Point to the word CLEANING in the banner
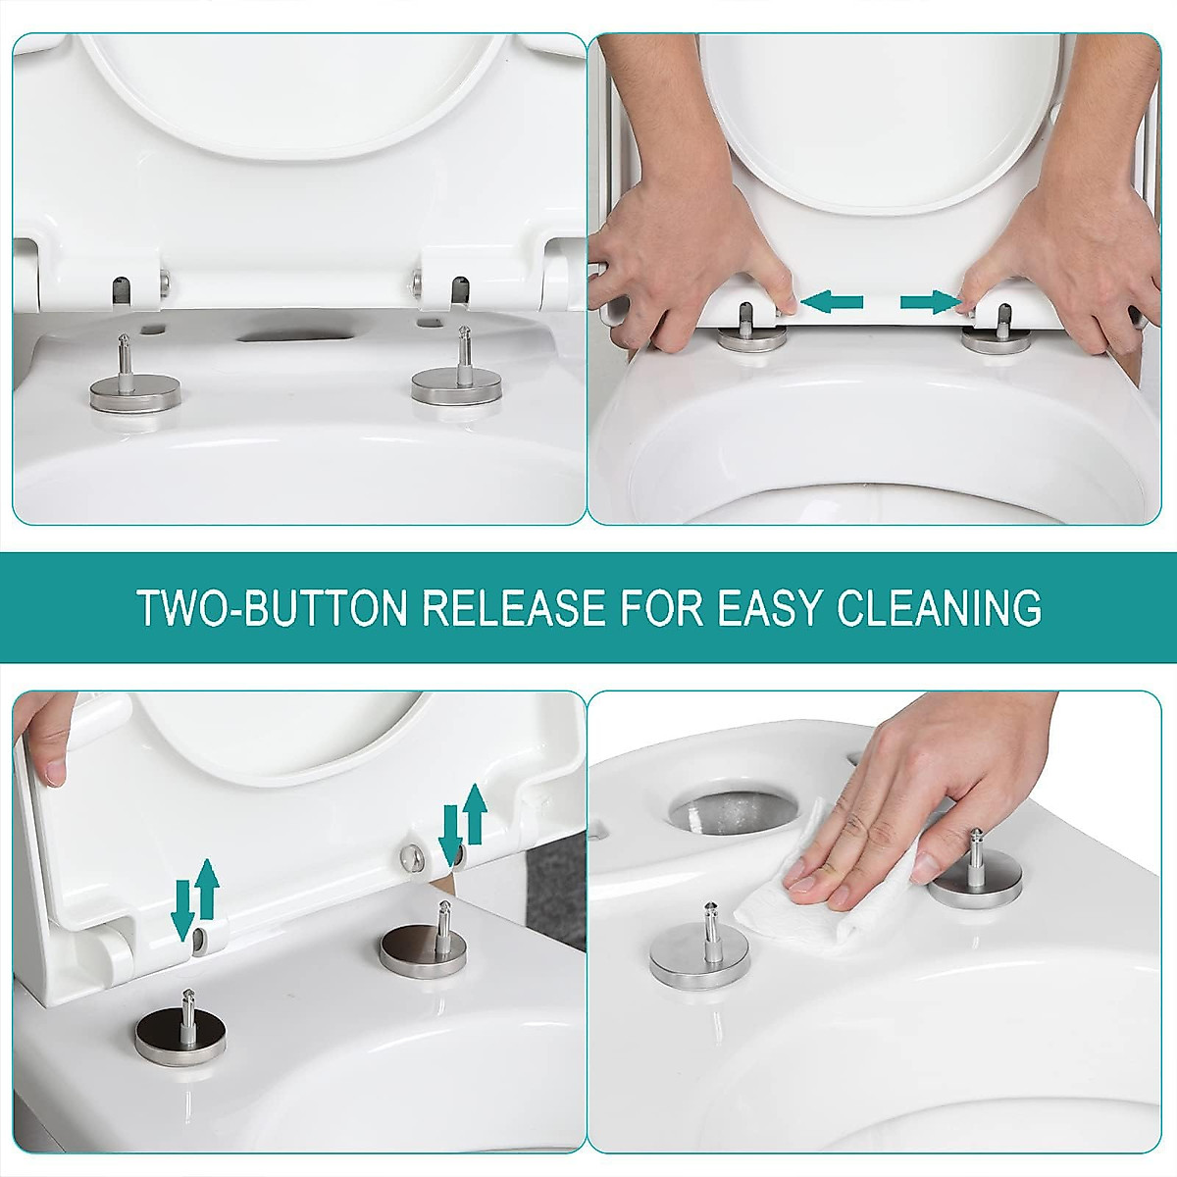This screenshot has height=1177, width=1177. [939, 608]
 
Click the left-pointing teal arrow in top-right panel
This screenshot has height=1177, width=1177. [831, 301]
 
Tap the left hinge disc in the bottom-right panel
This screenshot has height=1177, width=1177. [699, 950]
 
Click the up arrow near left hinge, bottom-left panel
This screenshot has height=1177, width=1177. [207, 889]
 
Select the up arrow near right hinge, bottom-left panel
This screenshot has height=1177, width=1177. [476, 813]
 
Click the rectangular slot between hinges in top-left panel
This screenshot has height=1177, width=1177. [285, 335]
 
